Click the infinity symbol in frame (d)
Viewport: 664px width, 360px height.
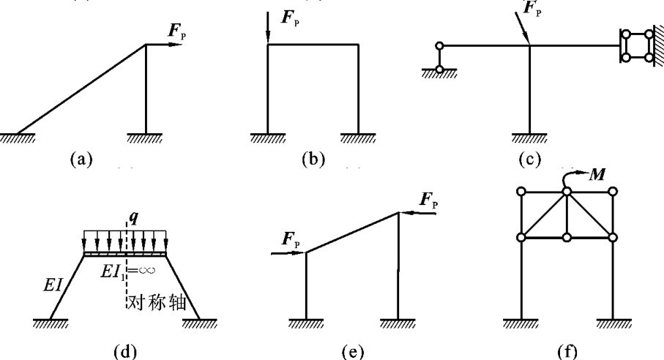tap(150, 271)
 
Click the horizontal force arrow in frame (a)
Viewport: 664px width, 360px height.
tap(162, 45)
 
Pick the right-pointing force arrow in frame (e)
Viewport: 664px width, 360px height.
tap(288, 253)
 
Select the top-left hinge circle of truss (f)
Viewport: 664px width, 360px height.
tap(521, 192)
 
